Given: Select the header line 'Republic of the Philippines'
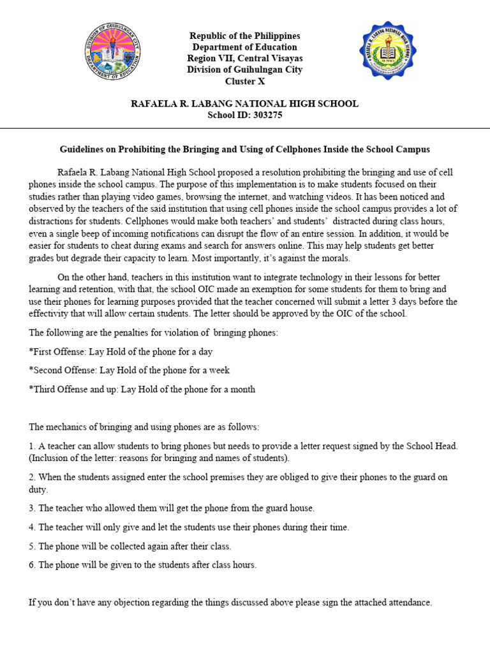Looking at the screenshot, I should click(244, 36).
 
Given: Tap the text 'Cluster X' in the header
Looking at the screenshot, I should click(244, 82).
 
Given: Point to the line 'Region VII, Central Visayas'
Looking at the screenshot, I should click(244, 59).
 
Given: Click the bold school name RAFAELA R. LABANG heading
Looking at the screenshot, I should click(244, 103).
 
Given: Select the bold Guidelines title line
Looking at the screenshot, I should click(244, 149).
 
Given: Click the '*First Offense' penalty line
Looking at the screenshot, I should click(121, 351).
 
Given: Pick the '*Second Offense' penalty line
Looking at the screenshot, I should click(129, 370).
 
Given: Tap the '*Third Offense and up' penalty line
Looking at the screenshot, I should click(142, 389).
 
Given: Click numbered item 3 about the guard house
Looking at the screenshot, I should click(172, 508).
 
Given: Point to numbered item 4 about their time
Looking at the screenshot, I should click(189, 527).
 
